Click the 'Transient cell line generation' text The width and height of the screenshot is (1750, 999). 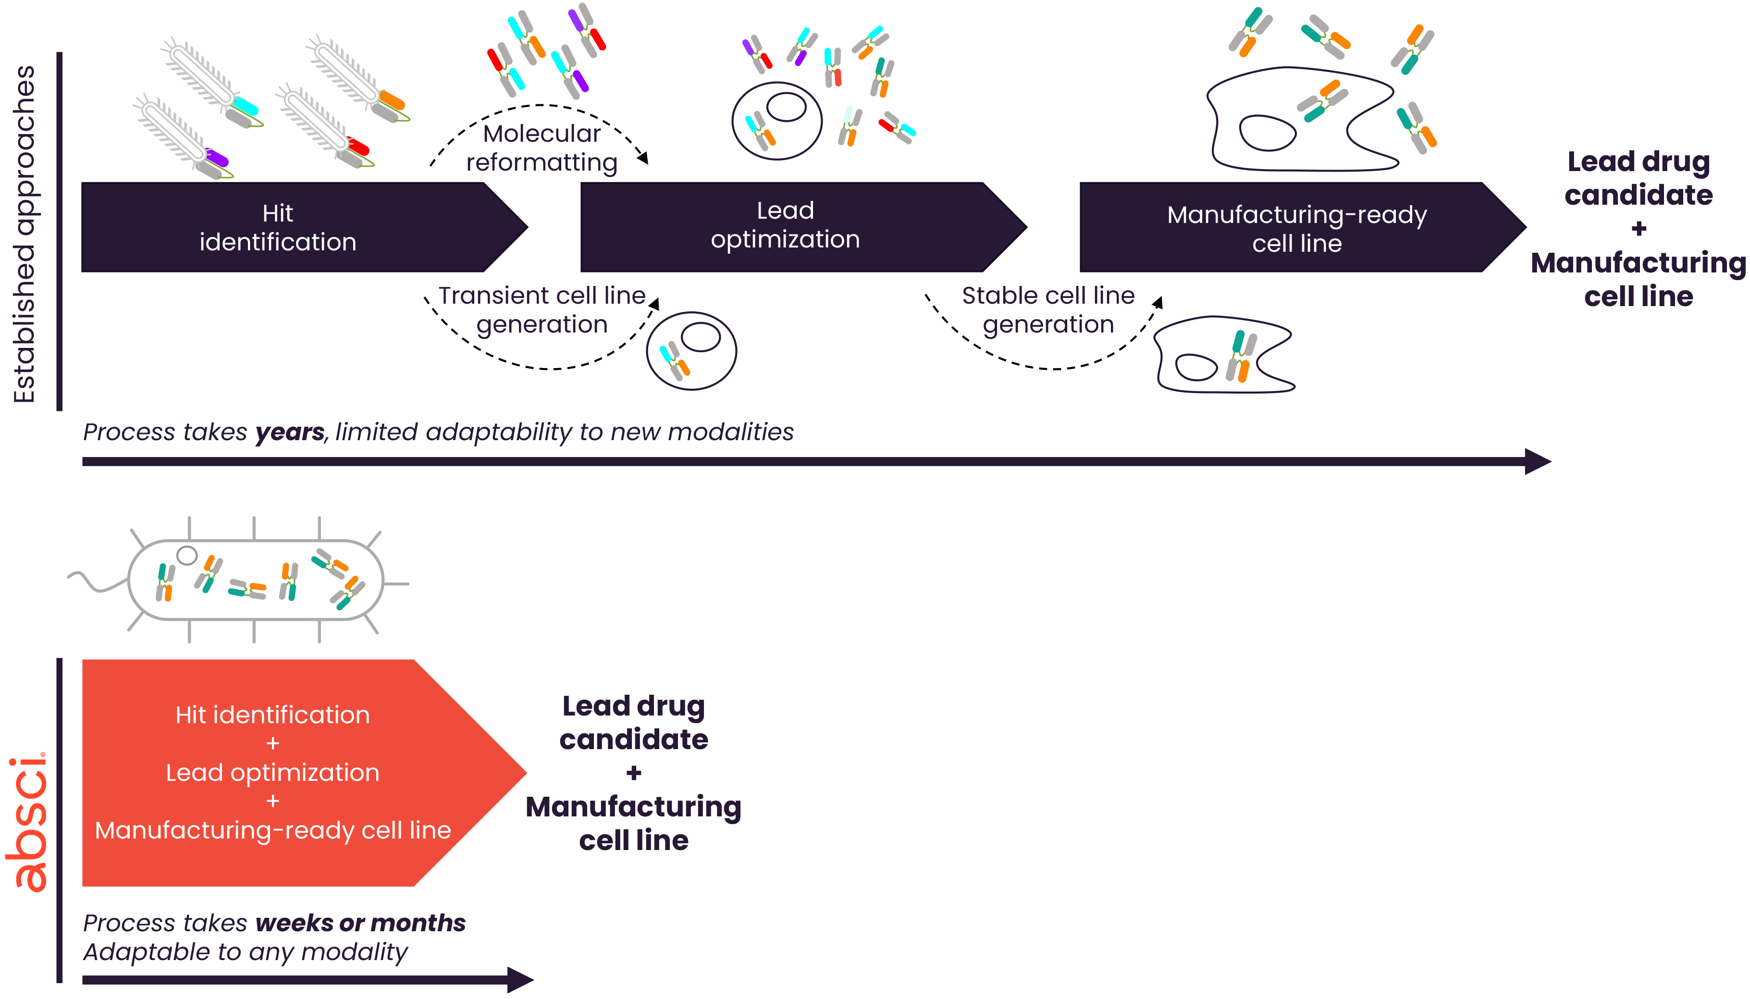[x=542, y=309]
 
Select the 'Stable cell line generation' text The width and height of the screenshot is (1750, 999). [x=1048, y=309]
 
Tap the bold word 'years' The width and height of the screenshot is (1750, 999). [x=289, y=432]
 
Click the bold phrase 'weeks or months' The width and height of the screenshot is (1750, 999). [x=360, y=923]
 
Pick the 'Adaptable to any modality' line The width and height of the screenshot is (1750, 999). [x=245, y=952]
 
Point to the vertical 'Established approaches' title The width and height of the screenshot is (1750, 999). [x=25, y=233]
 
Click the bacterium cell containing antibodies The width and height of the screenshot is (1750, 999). [x=255, y=580]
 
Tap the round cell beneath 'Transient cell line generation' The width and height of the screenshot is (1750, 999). [x=691, y=351]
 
